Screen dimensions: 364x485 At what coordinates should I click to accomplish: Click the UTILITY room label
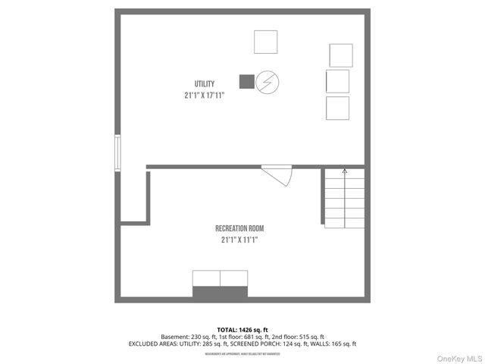tap(204, 83)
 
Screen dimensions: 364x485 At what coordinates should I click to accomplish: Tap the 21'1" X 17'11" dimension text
tap(204, 96)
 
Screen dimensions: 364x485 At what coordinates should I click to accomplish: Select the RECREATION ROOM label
tap(239, 228)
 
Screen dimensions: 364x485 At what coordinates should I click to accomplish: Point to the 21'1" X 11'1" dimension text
tap(239, 240)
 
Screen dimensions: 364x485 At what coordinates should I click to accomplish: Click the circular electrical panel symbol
tap(268, 81)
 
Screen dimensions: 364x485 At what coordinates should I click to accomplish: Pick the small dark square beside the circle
tap(246, 81)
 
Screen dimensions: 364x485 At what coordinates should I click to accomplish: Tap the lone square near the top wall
tap(265, 42)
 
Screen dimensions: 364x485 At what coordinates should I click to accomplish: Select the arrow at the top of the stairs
tap(345, 172)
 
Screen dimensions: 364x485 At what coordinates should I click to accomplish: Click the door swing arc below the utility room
tap(279, 177)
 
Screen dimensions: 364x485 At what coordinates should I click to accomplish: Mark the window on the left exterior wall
tap(117, 152)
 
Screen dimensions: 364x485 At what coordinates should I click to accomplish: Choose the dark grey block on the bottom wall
tap(220, 292)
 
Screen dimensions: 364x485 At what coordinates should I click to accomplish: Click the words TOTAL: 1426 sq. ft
tap(242, 330)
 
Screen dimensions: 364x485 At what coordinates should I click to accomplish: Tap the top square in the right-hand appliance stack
tap(341, 55)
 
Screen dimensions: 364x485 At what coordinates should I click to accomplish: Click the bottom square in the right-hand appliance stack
tap(337, 108)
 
